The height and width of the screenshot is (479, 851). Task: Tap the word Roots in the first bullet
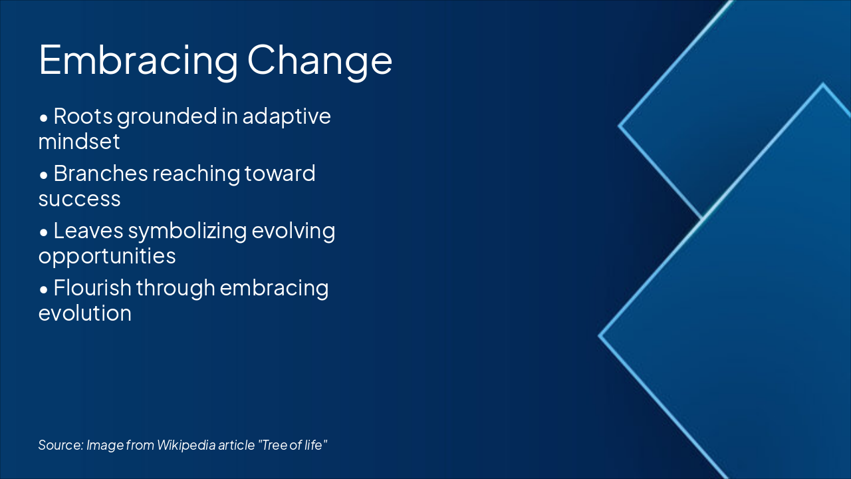coord(82,116)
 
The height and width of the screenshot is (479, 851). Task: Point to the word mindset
coord(79,141)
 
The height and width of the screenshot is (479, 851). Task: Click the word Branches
coord(100,174)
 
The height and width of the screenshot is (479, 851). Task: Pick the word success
coord(79,198)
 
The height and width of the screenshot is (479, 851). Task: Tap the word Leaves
coord(87,231)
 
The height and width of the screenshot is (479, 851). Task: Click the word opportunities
coord(106,255)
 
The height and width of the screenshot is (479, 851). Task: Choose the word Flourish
coord(92,288)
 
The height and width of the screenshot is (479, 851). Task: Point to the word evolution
coord(84,313)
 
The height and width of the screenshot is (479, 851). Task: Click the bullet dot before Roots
coord(44,118)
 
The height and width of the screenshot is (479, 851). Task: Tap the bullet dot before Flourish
coord(44,289)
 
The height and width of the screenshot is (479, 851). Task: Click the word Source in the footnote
coord(60,444)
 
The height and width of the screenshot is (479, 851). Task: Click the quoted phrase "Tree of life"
coord(293,444)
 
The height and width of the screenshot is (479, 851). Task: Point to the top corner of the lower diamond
coord(823,84)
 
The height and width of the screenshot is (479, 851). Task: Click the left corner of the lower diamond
coord(600,336)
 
